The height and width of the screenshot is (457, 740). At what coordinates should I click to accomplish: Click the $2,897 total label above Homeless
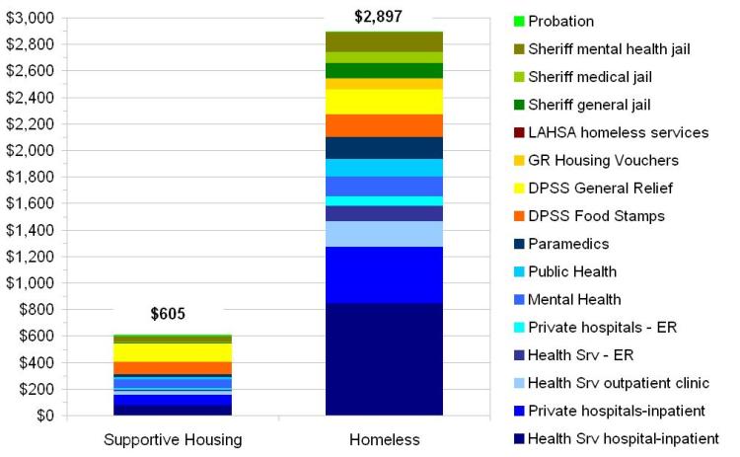378,17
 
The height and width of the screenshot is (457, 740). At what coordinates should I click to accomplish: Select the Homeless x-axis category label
378,439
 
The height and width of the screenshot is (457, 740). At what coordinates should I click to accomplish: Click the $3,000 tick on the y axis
31,19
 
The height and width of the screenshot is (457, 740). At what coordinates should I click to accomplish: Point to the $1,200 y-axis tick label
31,257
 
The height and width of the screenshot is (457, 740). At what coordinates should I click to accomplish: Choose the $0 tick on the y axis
44,416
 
